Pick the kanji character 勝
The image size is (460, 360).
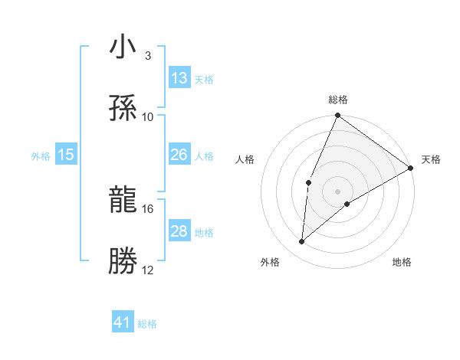[x=123, y=261]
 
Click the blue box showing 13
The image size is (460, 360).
[x=179, y=78]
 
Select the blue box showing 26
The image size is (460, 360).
[x=179, y=155]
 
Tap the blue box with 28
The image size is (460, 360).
[x=179, y=231]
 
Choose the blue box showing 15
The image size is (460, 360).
[x=66, y=155]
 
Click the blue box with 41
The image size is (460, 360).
[x=123, y=322]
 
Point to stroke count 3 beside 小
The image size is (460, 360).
[x=147, y=56]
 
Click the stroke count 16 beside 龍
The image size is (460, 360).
[x=148, y=208]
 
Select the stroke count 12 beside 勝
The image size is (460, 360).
[x=148, y=270]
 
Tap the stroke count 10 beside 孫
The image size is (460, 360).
[x=148, y=116]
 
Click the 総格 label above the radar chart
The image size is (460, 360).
[x=338, y=100]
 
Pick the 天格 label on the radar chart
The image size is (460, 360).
[x=431, y=159]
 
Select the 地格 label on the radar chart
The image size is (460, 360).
[x=402, y=262]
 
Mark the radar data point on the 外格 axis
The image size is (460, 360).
[x=302, y=242]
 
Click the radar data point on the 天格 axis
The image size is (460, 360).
[x=411, y=168]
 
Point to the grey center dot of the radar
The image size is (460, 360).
[x=338, y=191]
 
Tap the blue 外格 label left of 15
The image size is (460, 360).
[x=41, y=155]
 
